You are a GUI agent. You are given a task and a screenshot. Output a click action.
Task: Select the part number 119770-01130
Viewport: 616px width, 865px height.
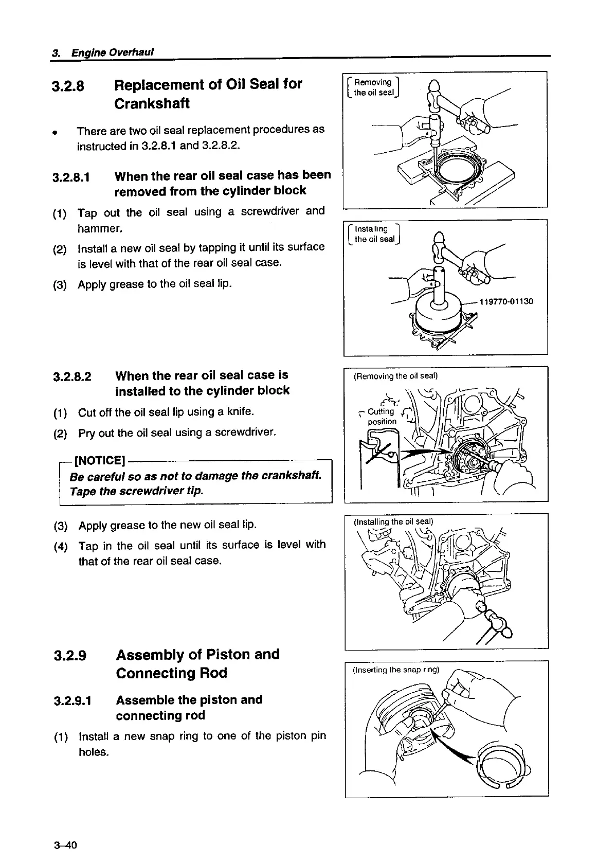pyautogui.click(x=506, y=301)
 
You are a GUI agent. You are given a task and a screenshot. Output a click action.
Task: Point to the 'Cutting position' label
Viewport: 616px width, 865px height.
pyautogui.click(x=382, y=417)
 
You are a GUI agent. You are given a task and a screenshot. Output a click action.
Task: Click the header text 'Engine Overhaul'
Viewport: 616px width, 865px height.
pyautogui.click(x=113, y=52)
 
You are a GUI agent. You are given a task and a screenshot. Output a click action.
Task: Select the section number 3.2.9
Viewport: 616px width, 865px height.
pyautogui.click(x=70, y=656)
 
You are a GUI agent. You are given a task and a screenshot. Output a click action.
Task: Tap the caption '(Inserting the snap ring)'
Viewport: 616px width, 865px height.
pyautogui.click(x=396, y=670)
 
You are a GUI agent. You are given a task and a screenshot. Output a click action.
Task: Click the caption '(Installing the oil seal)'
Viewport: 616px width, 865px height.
pyautogui.click(x=394, y=522)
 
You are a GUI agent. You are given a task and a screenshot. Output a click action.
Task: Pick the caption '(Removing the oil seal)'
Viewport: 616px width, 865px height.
pyautogui.click(x=395, y=376)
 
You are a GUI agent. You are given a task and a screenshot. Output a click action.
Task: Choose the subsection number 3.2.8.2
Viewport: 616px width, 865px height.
pyautogui.click(x=72, y=376)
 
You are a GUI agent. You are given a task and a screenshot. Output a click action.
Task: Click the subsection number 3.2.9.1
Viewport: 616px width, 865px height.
pyautogui.click(x=73, y=701)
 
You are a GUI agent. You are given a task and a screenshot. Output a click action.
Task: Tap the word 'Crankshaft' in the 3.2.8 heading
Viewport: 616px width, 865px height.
pyautogui.click(x=152, y=103)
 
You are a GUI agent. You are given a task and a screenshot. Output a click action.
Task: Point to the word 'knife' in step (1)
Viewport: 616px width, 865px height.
pyautogui.click(x=242, y=411)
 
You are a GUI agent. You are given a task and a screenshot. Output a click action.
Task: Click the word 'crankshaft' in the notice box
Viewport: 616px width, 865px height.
pyautogui.click(x=294, y=475)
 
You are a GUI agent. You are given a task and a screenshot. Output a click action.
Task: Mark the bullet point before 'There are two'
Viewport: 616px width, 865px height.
pyautogui.click(x=53, y=131)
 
